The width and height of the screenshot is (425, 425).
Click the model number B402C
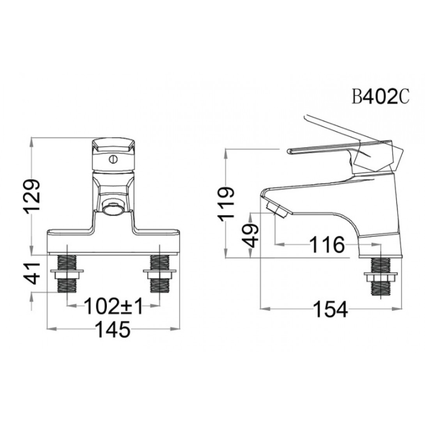click(x=381, y=97)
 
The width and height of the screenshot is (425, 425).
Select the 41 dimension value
click(x=32, y=273)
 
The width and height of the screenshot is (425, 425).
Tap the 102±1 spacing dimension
click(x=113, y=306)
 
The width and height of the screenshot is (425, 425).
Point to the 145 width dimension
click(x=113, y=329)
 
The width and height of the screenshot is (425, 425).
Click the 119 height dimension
click(x=225, y=203)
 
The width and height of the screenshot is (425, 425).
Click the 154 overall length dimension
click(x=330, y=309)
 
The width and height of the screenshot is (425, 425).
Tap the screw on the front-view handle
click(x=113, y=159)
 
